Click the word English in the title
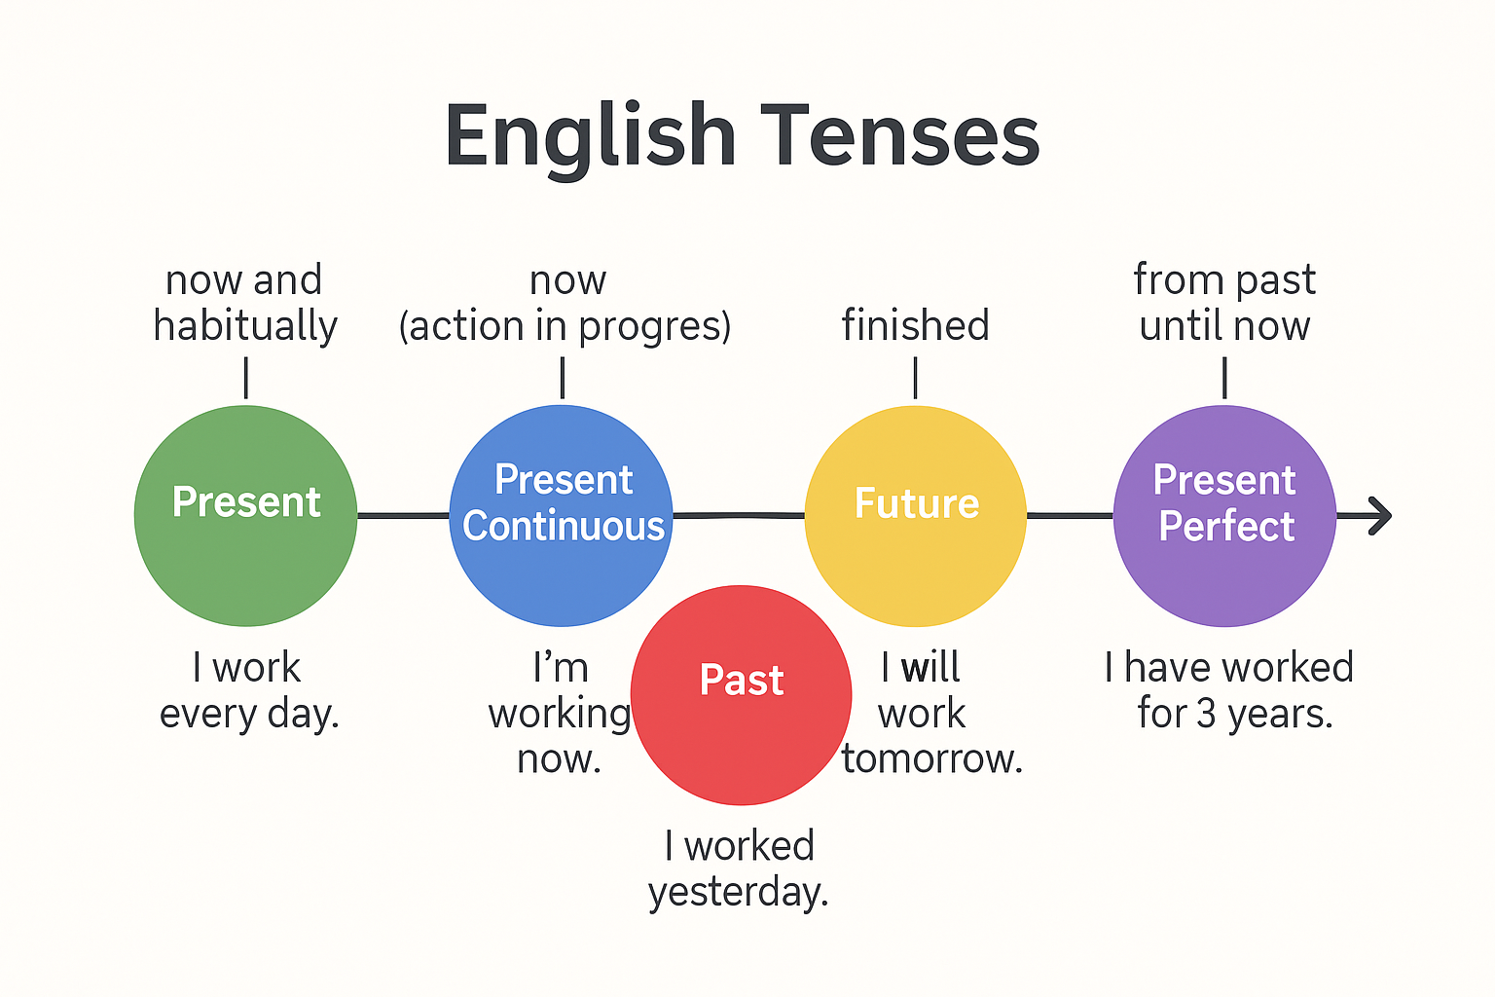pyautogui.click(x=591, y=139)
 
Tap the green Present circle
pyautogui.click(x=245, y=515)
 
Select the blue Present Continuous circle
pyautogui.click(x=562, y=515)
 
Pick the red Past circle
pyautogui.click(x=741, y=695)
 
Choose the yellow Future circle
pyautogui.click(x=916, y=515)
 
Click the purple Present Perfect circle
pyautogui.click(x=1224, y=515)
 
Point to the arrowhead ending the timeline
pyautogui.click(x=1380, y=515)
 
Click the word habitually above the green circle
pyautogui.click(x=245, y=326)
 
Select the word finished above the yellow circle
pyautogui.click(x=915, y=325)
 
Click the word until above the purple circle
pyautogui.click(x=1181, y=325)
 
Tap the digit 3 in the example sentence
pyautogui.click(x=1206, y=714)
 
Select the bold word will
pyautogui.click(x=930, y=666)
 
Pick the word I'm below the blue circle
pyautogui.click(x=560, y=666)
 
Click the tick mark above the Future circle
pyautogui.click(x=915, y=378)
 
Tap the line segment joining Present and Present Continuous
pyautogui.click(x=403, y=515)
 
